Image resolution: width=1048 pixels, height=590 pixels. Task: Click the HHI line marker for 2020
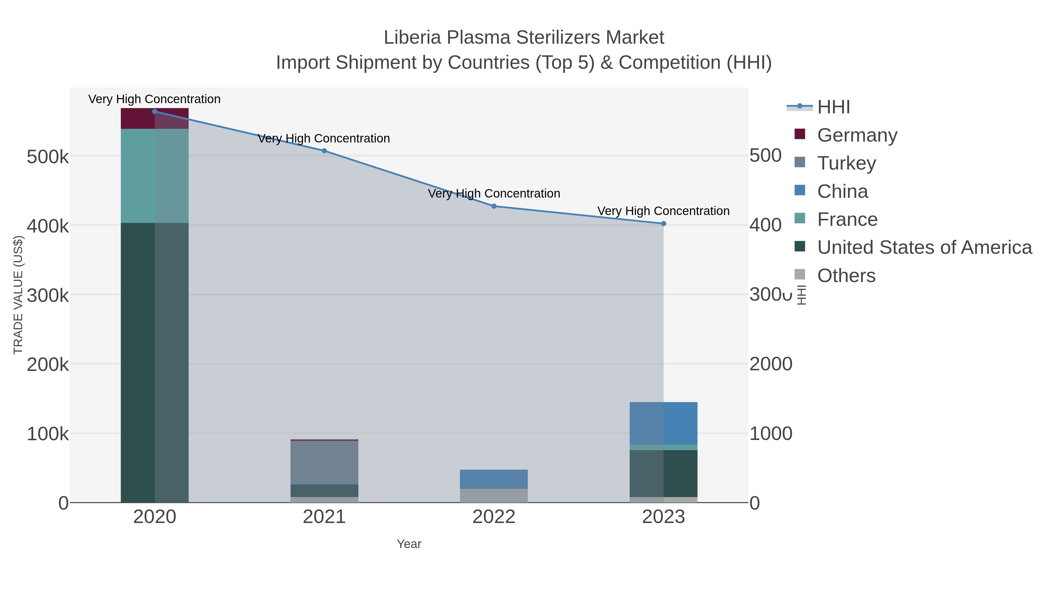click(x=155, y=112)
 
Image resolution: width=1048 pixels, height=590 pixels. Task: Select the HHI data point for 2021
click(x=324, y=151)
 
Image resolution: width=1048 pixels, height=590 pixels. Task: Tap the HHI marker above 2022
click(x=494, y=206)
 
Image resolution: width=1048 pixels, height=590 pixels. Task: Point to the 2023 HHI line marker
click(x=663, y=223)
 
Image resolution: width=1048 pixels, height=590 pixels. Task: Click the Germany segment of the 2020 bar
click(x=155, y=119)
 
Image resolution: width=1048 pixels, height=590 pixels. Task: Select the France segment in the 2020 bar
click(x=155, y=176)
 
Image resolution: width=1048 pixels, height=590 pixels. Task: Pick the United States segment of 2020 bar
click(x=155, y=362)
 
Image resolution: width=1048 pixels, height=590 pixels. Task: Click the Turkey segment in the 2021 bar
click(x=324, y=462)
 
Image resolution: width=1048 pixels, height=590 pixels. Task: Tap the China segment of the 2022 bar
click(x=494, y=479)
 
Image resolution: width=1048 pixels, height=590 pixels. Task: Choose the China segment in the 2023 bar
click(x=663, y=423)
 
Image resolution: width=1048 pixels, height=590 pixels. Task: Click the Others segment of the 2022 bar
click(x=494, y=496)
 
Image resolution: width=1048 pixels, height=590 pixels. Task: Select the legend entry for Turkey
click(x=846, y=163)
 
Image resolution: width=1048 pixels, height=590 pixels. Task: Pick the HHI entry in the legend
click(x=833, y=107)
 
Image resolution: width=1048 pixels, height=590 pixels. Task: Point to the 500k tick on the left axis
click(x=48, y=157)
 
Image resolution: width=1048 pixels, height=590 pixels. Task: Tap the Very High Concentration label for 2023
click(x=663, y=211)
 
